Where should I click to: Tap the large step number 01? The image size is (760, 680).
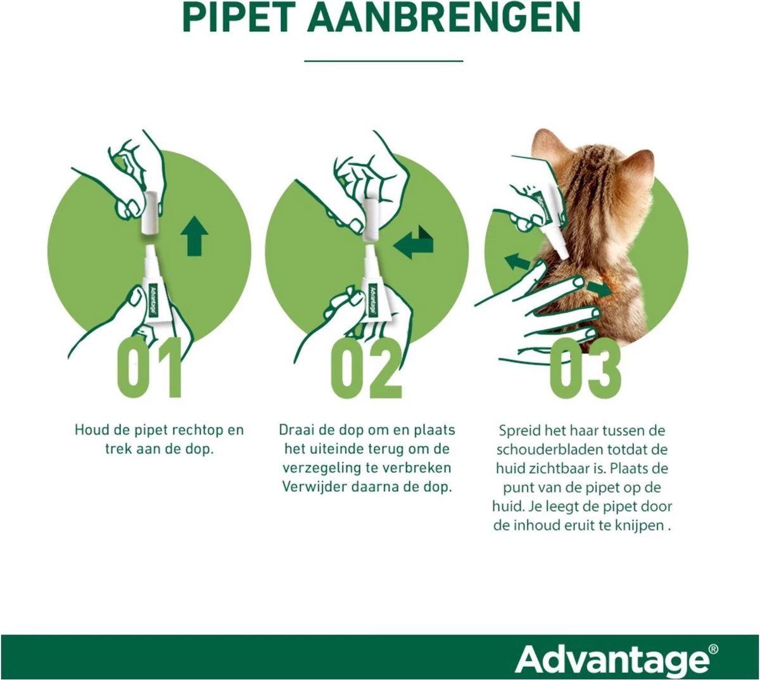[x=150, y=368]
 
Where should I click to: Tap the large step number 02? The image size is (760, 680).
[x=367, y=368]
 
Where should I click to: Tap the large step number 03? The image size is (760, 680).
[x=585, y=368]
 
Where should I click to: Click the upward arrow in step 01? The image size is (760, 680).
[x=194, y=234]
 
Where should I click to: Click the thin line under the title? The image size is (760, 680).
[x=383, y=61]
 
